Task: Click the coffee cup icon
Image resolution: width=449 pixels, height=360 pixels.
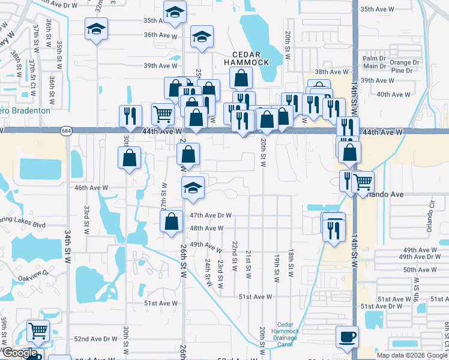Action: pos(347,337)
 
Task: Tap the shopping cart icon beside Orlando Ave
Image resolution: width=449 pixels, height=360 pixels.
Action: pos(363,181)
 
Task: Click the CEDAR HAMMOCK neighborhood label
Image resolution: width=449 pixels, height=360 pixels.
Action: pos(246,58)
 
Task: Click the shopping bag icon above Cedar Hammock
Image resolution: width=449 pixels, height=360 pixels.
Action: pos(241,77)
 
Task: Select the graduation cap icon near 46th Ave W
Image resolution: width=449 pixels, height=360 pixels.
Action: pos(193,187)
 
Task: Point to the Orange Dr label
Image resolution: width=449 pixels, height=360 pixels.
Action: pos(404,62)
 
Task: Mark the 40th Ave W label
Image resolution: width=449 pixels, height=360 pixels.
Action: pos(393,94)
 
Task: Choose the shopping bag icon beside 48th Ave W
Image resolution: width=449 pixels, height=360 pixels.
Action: pos(172,221)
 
